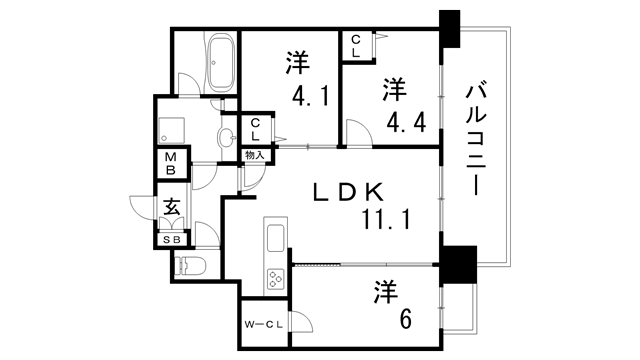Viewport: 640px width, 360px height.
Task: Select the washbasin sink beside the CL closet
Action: pos(227,137)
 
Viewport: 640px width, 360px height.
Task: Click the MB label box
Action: pos(171,163)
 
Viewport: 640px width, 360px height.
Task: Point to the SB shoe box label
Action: pos(172,240)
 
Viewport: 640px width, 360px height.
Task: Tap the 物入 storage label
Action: pos(254,156)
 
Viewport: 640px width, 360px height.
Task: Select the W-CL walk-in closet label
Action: pos(264,324)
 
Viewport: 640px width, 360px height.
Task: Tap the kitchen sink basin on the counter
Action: pos(274,237)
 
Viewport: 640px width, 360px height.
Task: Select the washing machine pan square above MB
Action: pos(171,128)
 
